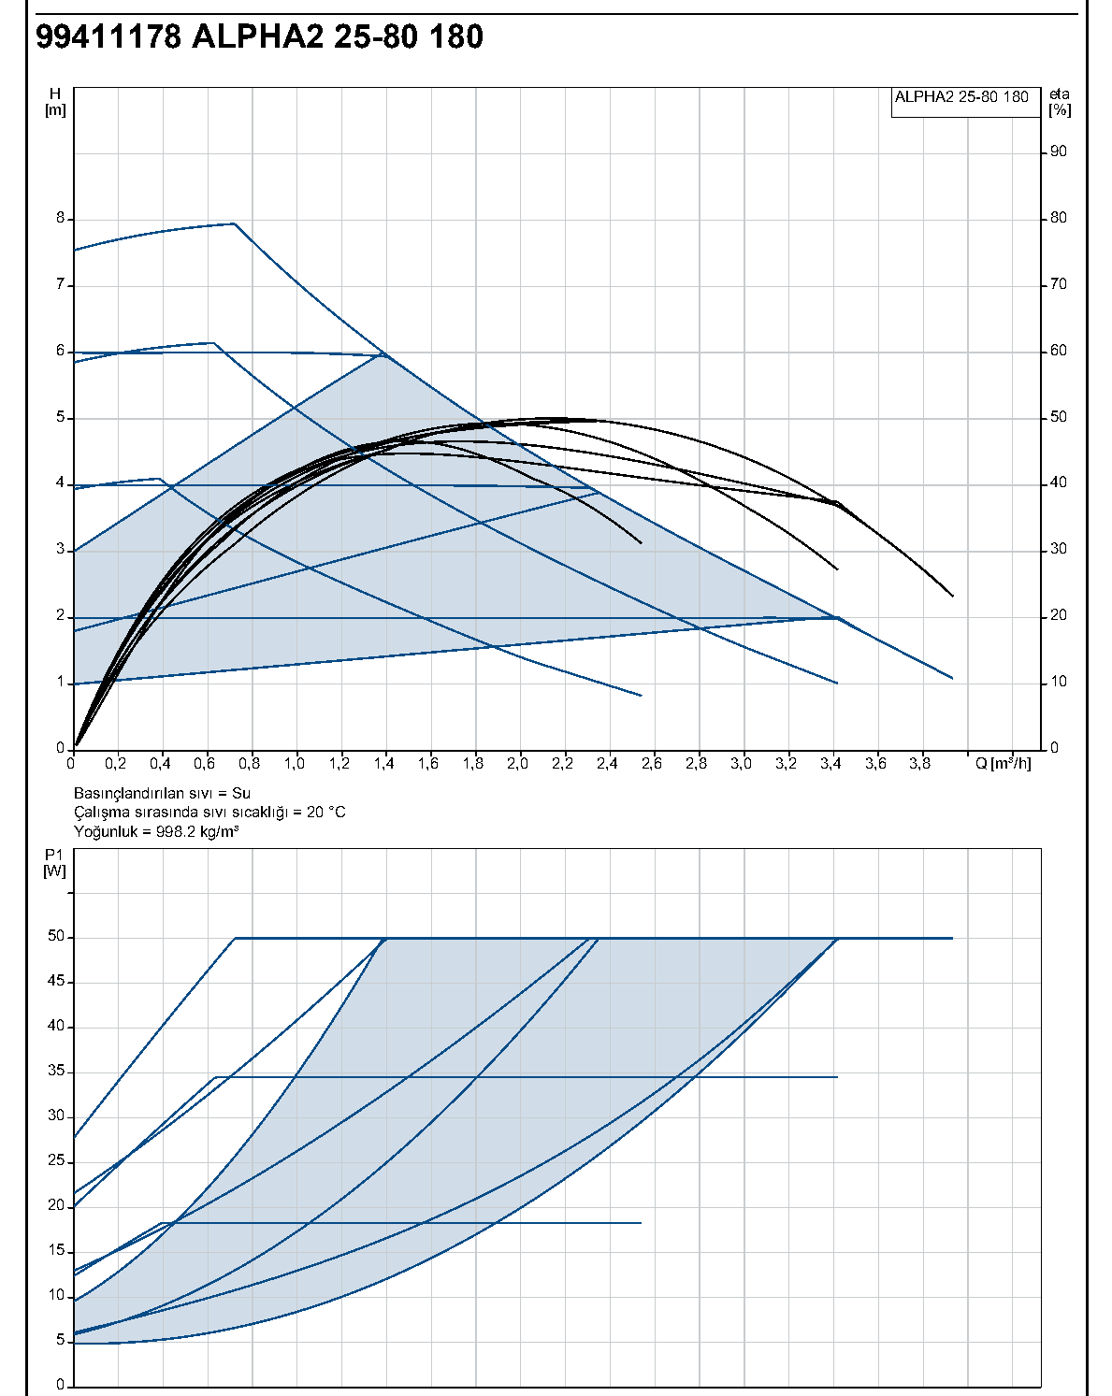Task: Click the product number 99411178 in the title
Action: coord(108,36)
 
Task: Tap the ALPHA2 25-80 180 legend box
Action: coord(965,103)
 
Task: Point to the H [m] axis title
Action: coord(55,102)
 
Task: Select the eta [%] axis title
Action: coord(1060,102)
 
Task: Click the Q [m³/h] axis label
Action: coord(1003,764)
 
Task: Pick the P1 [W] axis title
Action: coord(54,863)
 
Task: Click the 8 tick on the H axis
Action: coord(61,219)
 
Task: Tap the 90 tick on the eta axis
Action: coord(1058,151)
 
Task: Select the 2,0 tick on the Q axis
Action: coord(517,764)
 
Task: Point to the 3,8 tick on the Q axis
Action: coord(919,764)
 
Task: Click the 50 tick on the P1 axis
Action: coord(56,936)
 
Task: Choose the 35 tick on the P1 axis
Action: coord(56,1071)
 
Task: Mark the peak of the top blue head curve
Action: coord(234,223)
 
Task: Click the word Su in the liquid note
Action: coord(241,793)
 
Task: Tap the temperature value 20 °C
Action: coord(325,813)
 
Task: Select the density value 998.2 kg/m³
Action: coord(197,831)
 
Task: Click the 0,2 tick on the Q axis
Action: coord(115,764)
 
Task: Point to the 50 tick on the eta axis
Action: coord(1058,417)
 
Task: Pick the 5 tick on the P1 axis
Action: coord(61,1340)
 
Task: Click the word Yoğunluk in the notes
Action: coord(106,832)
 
